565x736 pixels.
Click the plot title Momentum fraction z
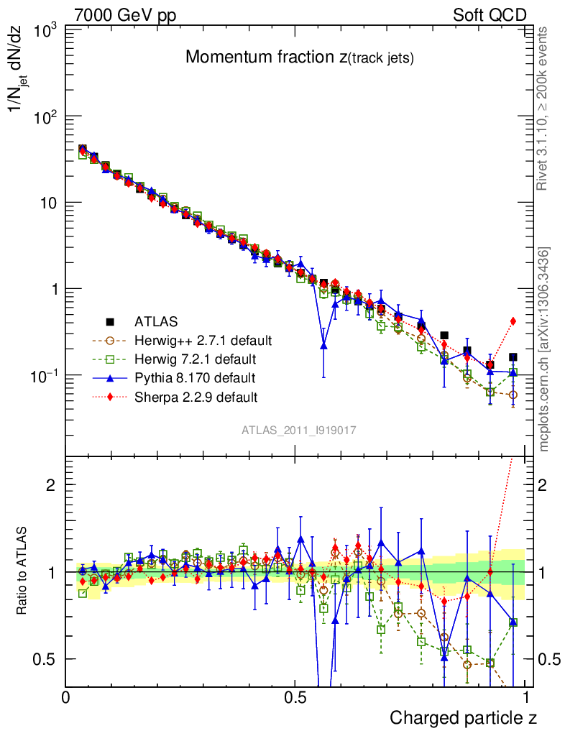tap(299, 58)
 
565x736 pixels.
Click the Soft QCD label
tap(490, 15)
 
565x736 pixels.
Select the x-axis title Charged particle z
tap(463, 717)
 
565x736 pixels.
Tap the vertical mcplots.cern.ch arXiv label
tap(545, 349)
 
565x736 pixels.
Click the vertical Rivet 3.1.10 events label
tap(543, 109)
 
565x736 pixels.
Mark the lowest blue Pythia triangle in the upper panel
tap(324, 346)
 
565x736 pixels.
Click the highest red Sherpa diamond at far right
tap(513, 321)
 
